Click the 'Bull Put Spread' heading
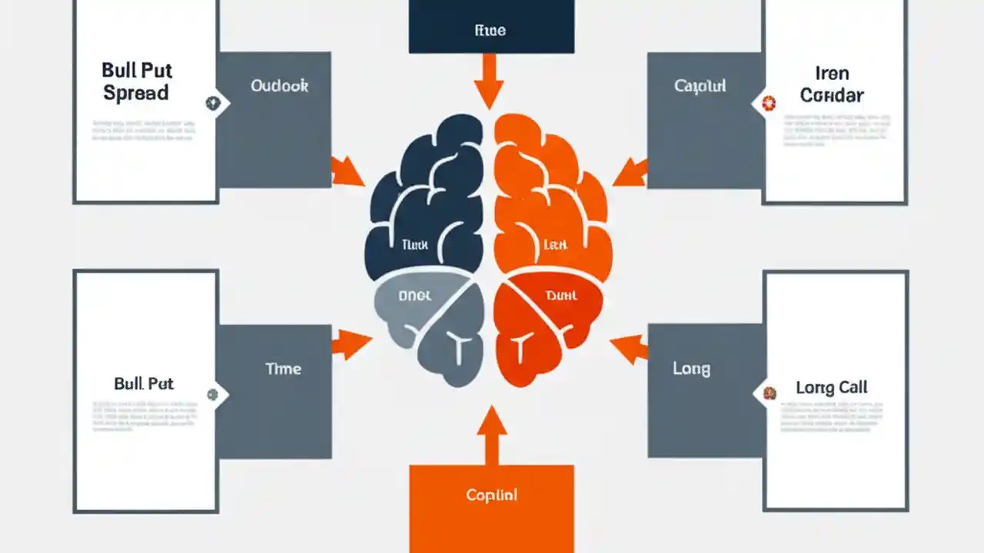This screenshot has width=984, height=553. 135,81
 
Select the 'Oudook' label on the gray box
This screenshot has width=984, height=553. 279,86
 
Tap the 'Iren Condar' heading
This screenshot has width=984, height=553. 832,84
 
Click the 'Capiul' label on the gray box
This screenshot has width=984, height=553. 700,86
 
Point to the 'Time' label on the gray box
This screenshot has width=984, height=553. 283,369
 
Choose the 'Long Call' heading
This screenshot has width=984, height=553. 832,387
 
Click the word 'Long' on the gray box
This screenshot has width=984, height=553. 691,369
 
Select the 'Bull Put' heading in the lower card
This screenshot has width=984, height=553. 144,382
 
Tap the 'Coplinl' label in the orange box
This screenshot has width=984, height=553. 491,495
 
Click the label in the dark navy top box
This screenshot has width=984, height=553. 490,31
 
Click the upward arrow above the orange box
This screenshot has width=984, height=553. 492,432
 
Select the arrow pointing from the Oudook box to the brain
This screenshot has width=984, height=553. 348,171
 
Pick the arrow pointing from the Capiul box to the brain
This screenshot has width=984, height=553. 630,172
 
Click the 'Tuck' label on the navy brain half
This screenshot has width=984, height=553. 414,245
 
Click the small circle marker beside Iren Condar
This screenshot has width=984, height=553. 766,101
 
